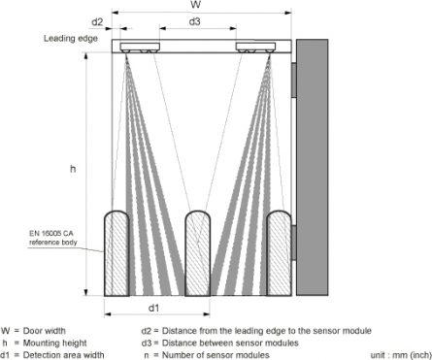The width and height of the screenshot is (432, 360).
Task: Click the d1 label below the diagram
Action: [x=153, y=309]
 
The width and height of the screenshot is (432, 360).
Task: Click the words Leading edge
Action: [x=73, y=39]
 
